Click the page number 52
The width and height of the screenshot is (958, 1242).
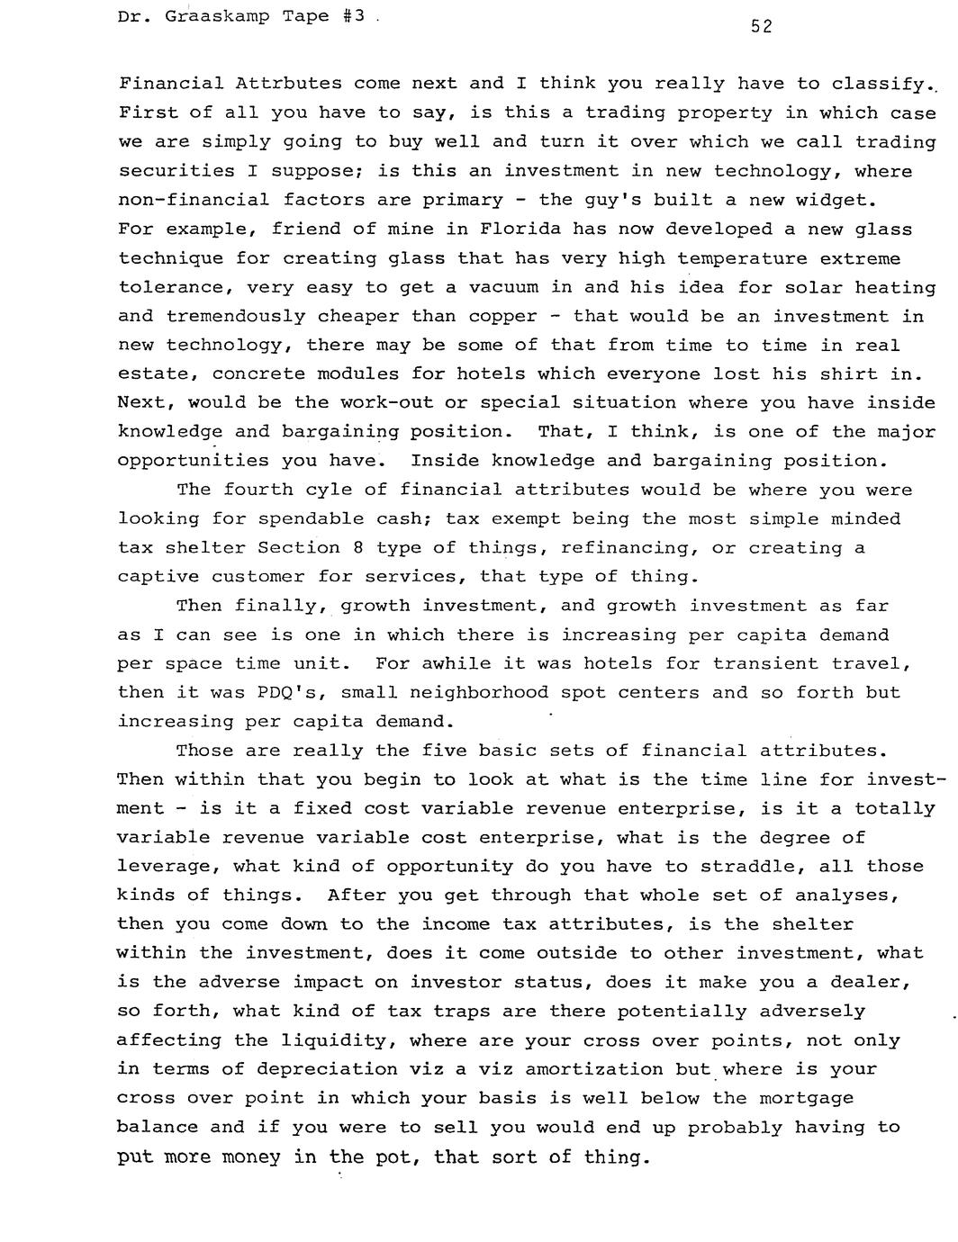click(761, 27)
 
